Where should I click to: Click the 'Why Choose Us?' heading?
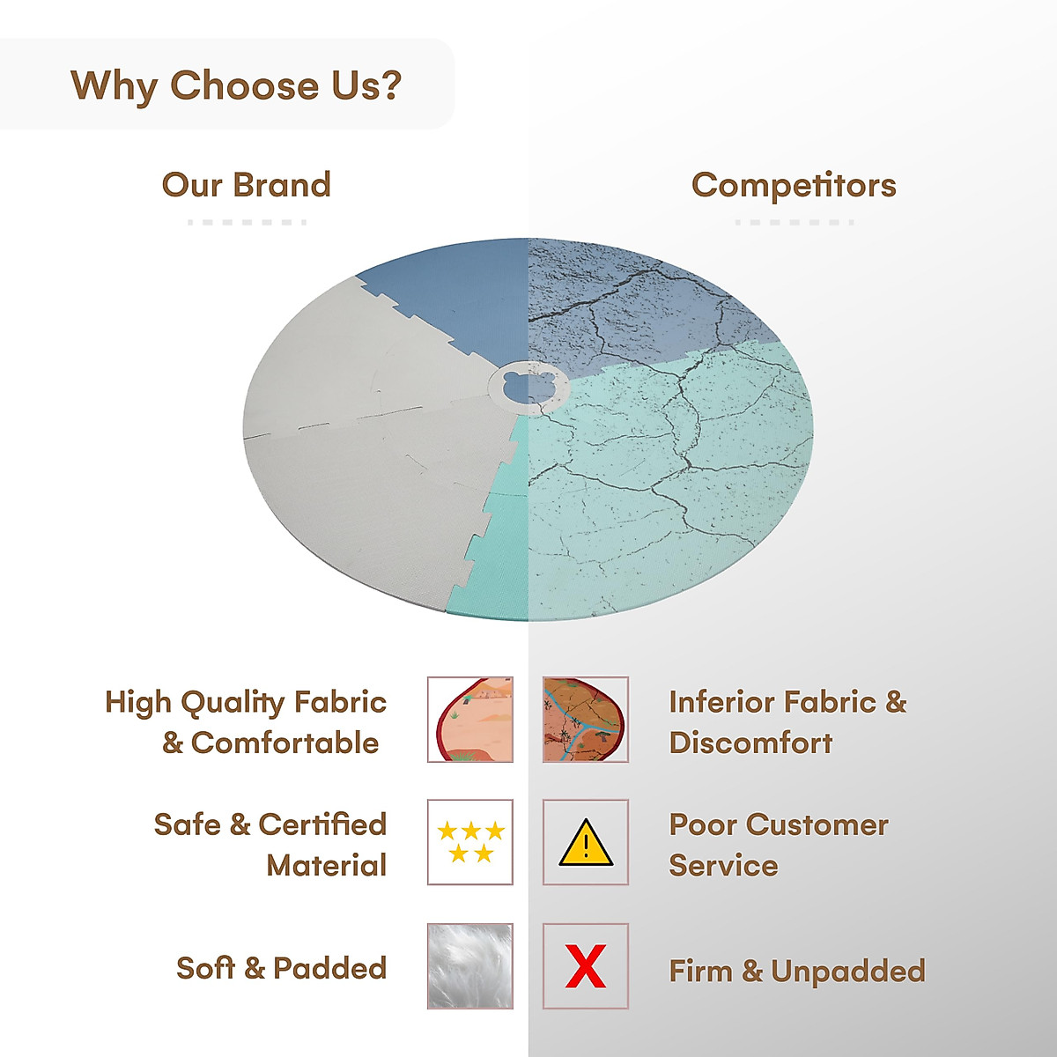click(x=236, y=86)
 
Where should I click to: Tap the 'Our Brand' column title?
click(x=247, y=185)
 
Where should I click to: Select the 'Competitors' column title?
click(x=794, y=185)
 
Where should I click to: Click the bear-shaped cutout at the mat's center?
click(x=528, y=388)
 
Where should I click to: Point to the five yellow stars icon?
click(x=470, y=842)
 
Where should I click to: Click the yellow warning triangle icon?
click(x=586, y=843)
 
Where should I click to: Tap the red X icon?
click(x=586, y=966)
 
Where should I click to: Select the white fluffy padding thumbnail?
click(x=470, y=966)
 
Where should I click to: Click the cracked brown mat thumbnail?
click(x=585, y=719)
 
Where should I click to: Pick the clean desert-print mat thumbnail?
click(x=470, y=719)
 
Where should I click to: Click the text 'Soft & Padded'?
click(x=281, y=967)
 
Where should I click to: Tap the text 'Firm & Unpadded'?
click(x=797, y=971)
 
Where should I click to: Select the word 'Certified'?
click(x=322, y=824)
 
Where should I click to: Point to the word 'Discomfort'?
click(x=750, y=743)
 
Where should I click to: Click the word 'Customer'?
click(x=817, y=825)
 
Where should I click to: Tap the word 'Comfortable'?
click(x=285, y=743)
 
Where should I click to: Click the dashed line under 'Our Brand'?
click(x=247, y=222)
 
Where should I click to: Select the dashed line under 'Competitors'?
click(x=795, y=222)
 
